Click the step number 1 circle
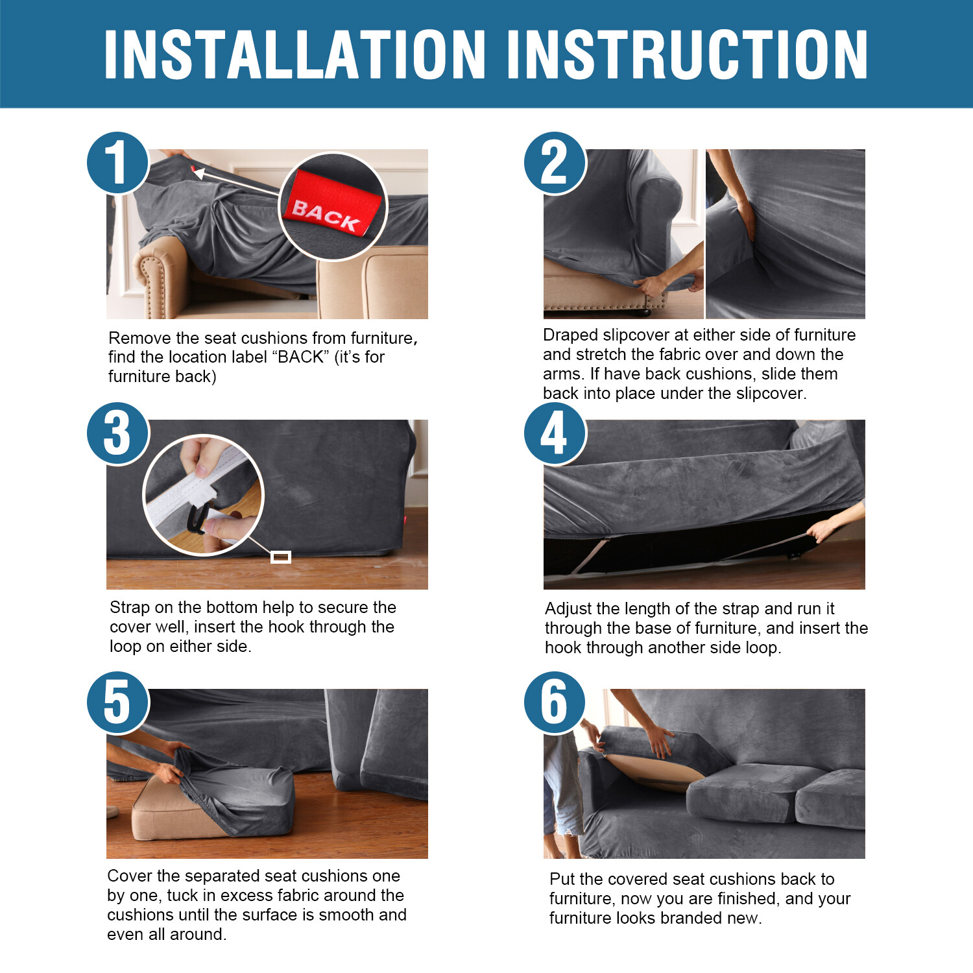pos(118,162)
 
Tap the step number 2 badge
pos(555,162)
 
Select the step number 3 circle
pos(118,433)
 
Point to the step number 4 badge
pos(555,433)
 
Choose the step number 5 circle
pos(118,703)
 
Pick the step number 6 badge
pos(555,703)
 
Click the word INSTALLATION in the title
pos(295,54)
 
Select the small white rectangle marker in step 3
pos(280,557)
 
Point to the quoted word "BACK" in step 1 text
pos(300,357)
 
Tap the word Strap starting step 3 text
pos(130,608)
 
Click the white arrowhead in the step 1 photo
pos(199,173)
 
